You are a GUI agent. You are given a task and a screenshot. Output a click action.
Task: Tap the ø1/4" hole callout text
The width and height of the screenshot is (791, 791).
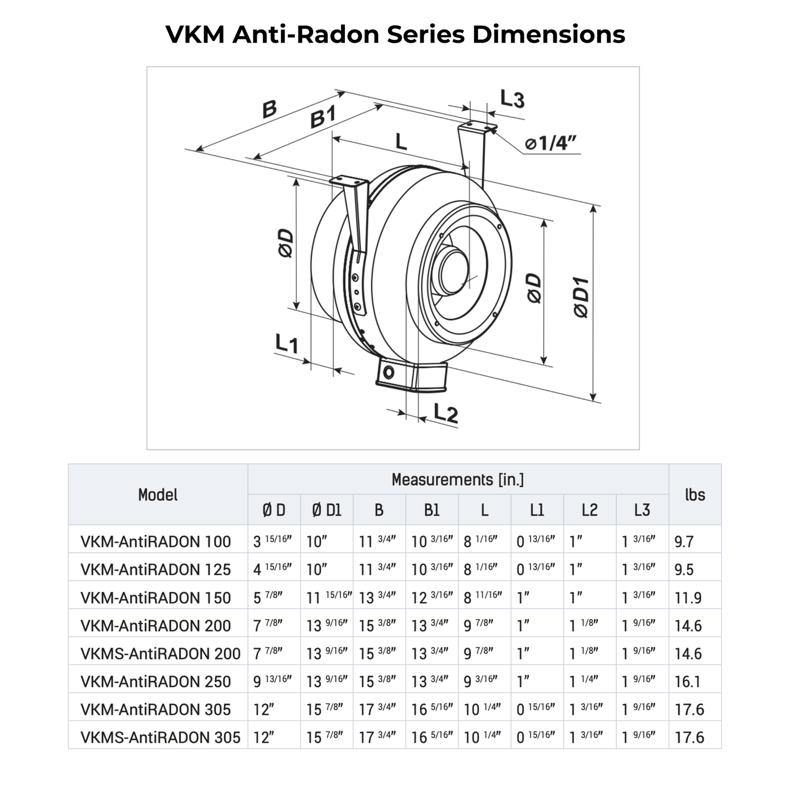550,143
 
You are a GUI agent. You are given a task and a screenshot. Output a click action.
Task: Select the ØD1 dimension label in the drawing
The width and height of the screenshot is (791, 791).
581,298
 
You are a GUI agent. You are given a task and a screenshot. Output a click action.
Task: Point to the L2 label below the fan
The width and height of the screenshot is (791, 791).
446,413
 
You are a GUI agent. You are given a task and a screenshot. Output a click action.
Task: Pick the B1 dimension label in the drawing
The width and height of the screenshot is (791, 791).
323,118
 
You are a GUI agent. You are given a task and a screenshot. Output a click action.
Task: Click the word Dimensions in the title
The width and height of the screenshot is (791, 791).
548,34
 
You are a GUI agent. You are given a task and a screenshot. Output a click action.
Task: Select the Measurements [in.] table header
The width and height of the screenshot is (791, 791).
458,480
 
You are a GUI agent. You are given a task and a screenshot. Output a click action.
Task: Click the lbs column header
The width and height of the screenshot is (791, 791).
695,495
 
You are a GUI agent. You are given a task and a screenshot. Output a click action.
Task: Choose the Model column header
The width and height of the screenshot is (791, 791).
158,495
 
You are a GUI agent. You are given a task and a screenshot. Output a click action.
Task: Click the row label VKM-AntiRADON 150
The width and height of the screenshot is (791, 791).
155,598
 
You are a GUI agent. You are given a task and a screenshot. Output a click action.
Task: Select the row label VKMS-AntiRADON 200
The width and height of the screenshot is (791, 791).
160,654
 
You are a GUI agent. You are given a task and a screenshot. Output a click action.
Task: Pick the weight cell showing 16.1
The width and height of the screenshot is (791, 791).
688,682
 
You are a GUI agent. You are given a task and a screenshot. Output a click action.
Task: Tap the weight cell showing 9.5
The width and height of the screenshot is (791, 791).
684,570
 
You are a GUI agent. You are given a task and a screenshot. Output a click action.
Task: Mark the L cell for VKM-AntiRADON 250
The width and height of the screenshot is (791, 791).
481,681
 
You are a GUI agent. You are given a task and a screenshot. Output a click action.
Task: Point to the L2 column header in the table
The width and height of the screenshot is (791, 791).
589,510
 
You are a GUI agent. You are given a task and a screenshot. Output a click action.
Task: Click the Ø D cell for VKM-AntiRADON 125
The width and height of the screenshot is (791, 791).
272,569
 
